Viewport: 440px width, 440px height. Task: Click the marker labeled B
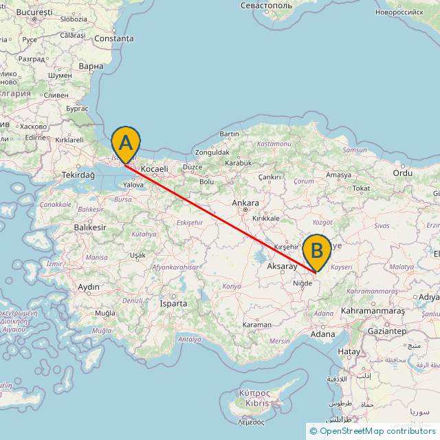[317, 252]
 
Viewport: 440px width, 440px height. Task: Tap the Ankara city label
[245, 203]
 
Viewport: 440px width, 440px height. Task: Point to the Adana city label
[322, 335]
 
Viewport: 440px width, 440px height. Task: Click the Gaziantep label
[386, 331]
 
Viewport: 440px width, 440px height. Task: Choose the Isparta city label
[173, 303]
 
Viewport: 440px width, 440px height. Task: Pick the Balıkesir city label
[90, 227]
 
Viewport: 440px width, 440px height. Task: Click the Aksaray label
[282, 265]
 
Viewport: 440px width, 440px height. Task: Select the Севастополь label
[267, 5]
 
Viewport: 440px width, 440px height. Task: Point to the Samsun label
[354, 150]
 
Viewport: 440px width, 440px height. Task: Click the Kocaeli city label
[155, 168]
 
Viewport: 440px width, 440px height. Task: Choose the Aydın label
[89, 287]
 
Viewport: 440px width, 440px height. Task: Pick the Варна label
[91, 67]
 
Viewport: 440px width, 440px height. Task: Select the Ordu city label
[402, 173]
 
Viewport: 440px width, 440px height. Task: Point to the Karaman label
[257, 324]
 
